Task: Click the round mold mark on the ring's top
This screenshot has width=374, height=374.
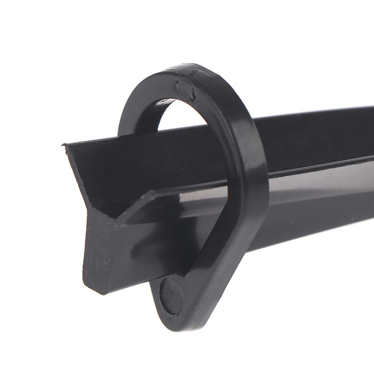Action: (x=185, y=89)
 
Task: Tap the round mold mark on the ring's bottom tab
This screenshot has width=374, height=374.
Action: (x=171, y=295)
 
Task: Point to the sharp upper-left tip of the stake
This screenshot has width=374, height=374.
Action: (x=64, y=147)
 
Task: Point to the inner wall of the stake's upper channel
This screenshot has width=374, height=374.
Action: (x=140, y=164)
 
